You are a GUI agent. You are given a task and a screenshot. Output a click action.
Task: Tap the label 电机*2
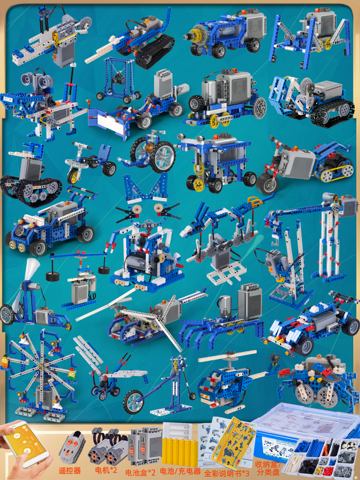coord(106,470)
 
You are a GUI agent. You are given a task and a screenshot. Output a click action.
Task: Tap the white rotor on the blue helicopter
coord(227,356)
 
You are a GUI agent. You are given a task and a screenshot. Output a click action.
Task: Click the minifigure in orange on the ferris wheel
coord(4,361)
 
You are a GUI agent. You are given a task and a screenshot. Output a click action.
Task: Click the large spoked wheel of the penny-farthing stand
coord(133,402)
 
